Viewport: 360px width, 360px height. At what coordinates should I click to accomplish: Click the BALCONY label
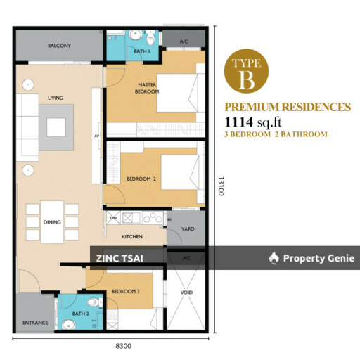[59, 46]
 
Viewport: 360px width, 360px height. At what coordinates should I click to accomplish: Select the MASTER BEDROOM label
[148, 89]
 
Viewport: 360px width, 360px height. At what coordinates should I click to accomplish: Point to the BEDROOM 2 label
[141, 179]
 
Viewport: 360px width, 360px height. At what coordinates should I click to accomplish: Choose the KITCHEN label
[133, 237]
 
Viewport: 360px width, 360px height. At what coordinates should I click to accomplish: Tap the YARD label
[187, 228]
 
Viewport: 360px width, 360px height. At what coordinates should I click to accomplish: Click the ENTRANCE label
[35, 323]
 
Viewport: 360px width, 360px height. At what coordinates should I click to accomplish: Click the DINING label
[52, 222]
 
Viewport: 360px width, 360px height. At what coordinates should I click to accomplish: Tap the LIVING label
[56, 98]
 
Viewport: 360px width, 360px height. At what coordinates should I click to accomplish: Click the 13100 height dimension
[220, 186]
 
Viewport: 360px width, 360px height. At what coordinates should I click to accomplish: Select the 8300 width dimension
[113, 346]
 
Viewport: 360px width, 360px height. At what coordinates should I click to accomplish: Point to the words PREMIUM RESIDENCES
[287, 108]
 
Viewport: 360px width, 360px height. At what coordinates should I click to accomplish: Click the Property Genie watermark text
[314, 259]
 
